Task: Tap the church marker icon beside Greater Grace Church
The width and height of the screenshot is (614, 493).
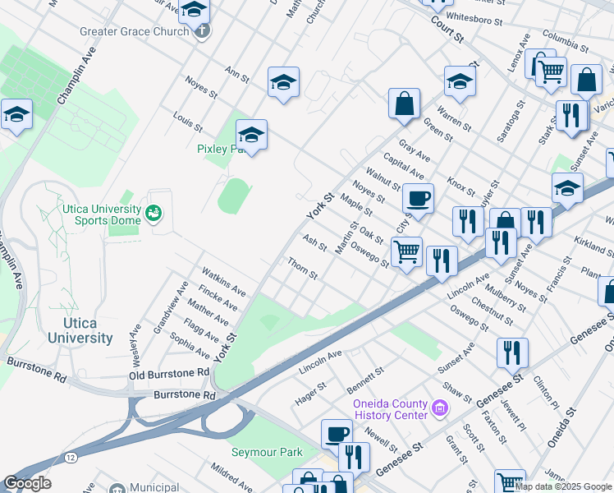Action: tap(202, 32)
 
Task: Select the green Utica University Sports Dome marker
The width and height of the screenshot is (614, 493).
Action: tap(153, 214)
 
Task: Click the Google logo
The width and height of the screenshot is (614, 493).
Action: tap(27, 483)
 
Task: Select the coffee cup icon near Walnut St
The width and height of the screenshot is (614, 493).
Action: tap(418, 198)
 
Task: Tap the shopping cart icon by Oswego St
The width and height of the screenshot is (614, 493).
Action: tap(406, 251)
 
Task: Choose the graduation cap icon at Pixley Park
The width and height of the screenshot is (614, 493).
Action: tap(252, 134)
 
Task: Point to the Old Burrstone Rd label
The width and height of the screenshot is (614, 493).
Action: tap(169, 374)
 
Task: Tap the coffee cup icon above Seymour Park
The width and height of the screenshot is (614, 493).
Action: tap(336, 433)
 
